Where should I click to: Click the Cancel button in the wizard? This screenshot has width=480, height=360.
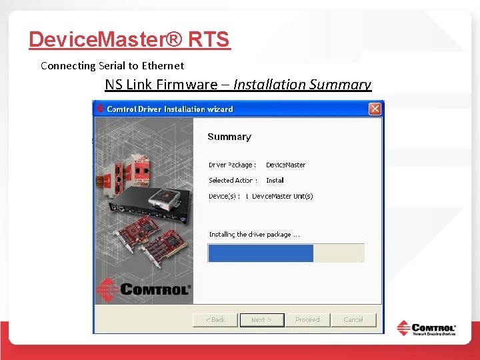pyautogui.click(x=353, y=320)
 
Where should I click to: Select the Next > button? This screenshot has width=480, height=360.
pyautogui.click(x=261, y=320)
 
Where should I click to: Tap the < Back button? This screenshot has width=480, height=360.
pyautogui.click(x=215, y=320)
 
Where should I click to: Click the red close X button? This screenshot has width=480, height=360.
pyautogui.click(x=375, y=109)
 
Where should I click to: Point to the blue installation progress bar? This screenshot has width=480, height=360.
pyautogui.click(x=261, y=253)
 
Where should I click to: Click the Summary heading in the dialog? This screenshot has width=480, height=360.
pyautogui.click(x=229, y=137)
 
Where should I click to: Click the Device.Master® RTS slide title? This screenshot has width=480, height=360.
pyautogui.click(x=129, y=40)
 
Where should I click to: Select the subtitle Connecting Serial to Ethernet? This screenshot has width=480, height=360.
pyautogui.click(x=112, y=65)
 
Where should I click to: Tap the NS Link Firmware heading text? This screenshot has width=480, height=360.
pyautogui.click(x=161, y=85)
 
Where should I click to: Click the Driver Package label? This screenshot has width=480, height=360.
pyautogui.click(x=232, y=165)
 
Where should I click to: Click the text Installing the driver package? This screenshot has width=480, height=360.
pyautogui.click(x=254, y=234)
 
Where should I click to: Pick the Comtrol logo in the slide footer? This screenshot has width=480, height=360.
pyautogui.click(x=427, y=329)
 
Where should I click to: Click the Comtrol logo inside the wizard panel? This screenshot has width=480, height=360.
pyautogui.click(x=143, y=289)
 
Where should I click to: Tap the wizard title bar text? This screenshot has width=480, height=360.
pyautogui.click(x=170, y=109)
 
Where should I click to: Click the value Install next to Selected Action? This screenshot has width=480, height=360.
pyautogui.click(x=275, y=180)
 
